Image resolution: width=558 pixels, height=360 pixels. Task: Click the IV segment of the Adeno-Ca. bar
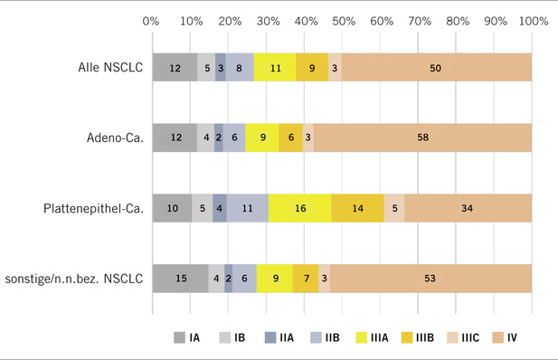point(422,137)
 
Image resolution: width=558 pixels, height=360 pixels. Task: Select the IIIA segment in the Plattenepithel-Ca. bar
point(300,208)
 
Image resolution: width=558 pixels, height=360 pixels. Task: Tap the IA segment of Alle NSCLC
point(175,67)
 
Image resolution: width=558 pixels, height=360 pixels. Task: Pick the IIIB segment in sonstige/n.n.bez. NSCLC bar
point(306,279)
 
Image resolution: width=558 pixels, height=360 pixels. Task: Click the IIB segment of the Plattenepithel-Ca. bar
point(247,208)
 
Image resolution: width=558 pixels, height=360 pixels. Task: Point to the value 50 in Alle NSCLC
point(436,67)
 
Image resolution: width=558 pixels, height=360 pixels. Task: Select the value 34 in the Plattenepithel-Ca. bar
point(468,208)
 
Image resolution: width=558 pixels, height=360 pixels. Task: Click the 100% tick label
point(530,19)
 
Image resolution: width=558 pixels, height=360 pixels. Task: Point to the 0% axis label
point(152,19)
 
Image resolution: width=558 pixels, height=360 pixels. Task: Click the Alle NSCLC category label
point(103,67)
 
